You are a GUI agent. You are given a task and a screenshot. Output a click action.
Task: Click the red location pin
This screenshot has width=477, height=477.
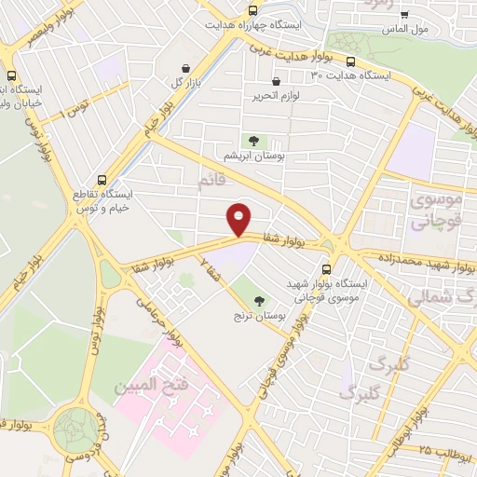pyautogui.click(x=240, y=219)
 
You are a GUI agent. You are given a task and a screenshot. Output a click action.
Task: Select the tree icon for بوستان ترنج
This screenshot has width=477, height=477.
pyautogui.click(x=258, y=300)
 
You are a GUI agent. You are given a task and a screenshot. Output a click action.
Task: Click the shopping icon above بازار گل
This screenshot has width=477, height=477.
pyautogui.click(x=187, y=68)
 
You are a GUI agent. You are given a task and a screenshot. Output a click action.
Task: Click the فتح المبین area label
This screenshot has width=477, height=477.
pyautogui.click(x=148, y=383)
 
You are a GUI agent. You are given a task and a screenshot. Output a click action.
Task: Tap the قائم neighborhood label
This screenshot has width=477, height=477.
pyautogui.click(x=211, y=180)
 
